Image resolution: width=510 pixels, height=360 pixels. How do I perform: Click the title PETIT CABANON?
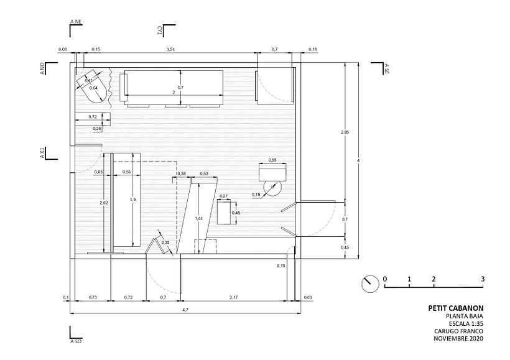[x=456, y=307]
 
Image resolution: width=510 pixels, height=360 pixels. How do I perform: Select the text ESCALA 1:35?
[x=466, y=323]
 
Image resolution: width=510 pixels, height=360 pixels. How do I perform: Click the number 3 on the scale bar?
[x=483, y=279]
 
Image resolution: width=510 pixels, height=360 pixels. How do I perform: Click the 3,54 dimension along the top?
[x=170, y=48]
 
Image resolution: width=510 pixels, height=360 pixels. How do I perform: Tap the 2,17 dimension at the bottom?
[x=233, y=298]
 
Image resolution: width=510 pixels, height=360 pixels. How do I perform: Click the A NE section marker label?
[x=76, y=22]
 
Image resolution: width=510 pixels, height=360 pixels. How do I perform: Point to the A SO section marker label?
[x=76, y=341]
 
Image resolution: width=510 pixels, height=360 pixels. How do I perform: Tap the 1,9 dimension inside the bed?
[x=132, y=199]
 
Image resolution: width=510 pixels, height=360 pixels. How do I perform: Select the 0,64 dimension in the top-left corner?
[x=93, y=88]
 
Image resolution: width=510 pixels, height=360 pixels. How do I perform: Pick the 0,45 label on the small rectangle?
[x=236, y=213]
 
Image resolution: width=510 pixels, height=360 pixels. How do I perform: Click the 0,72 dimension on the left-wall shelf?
[x=92, y=117]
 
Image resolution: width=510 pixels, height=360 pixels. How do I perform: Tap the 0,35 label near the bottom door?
[x=165, y=242]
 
